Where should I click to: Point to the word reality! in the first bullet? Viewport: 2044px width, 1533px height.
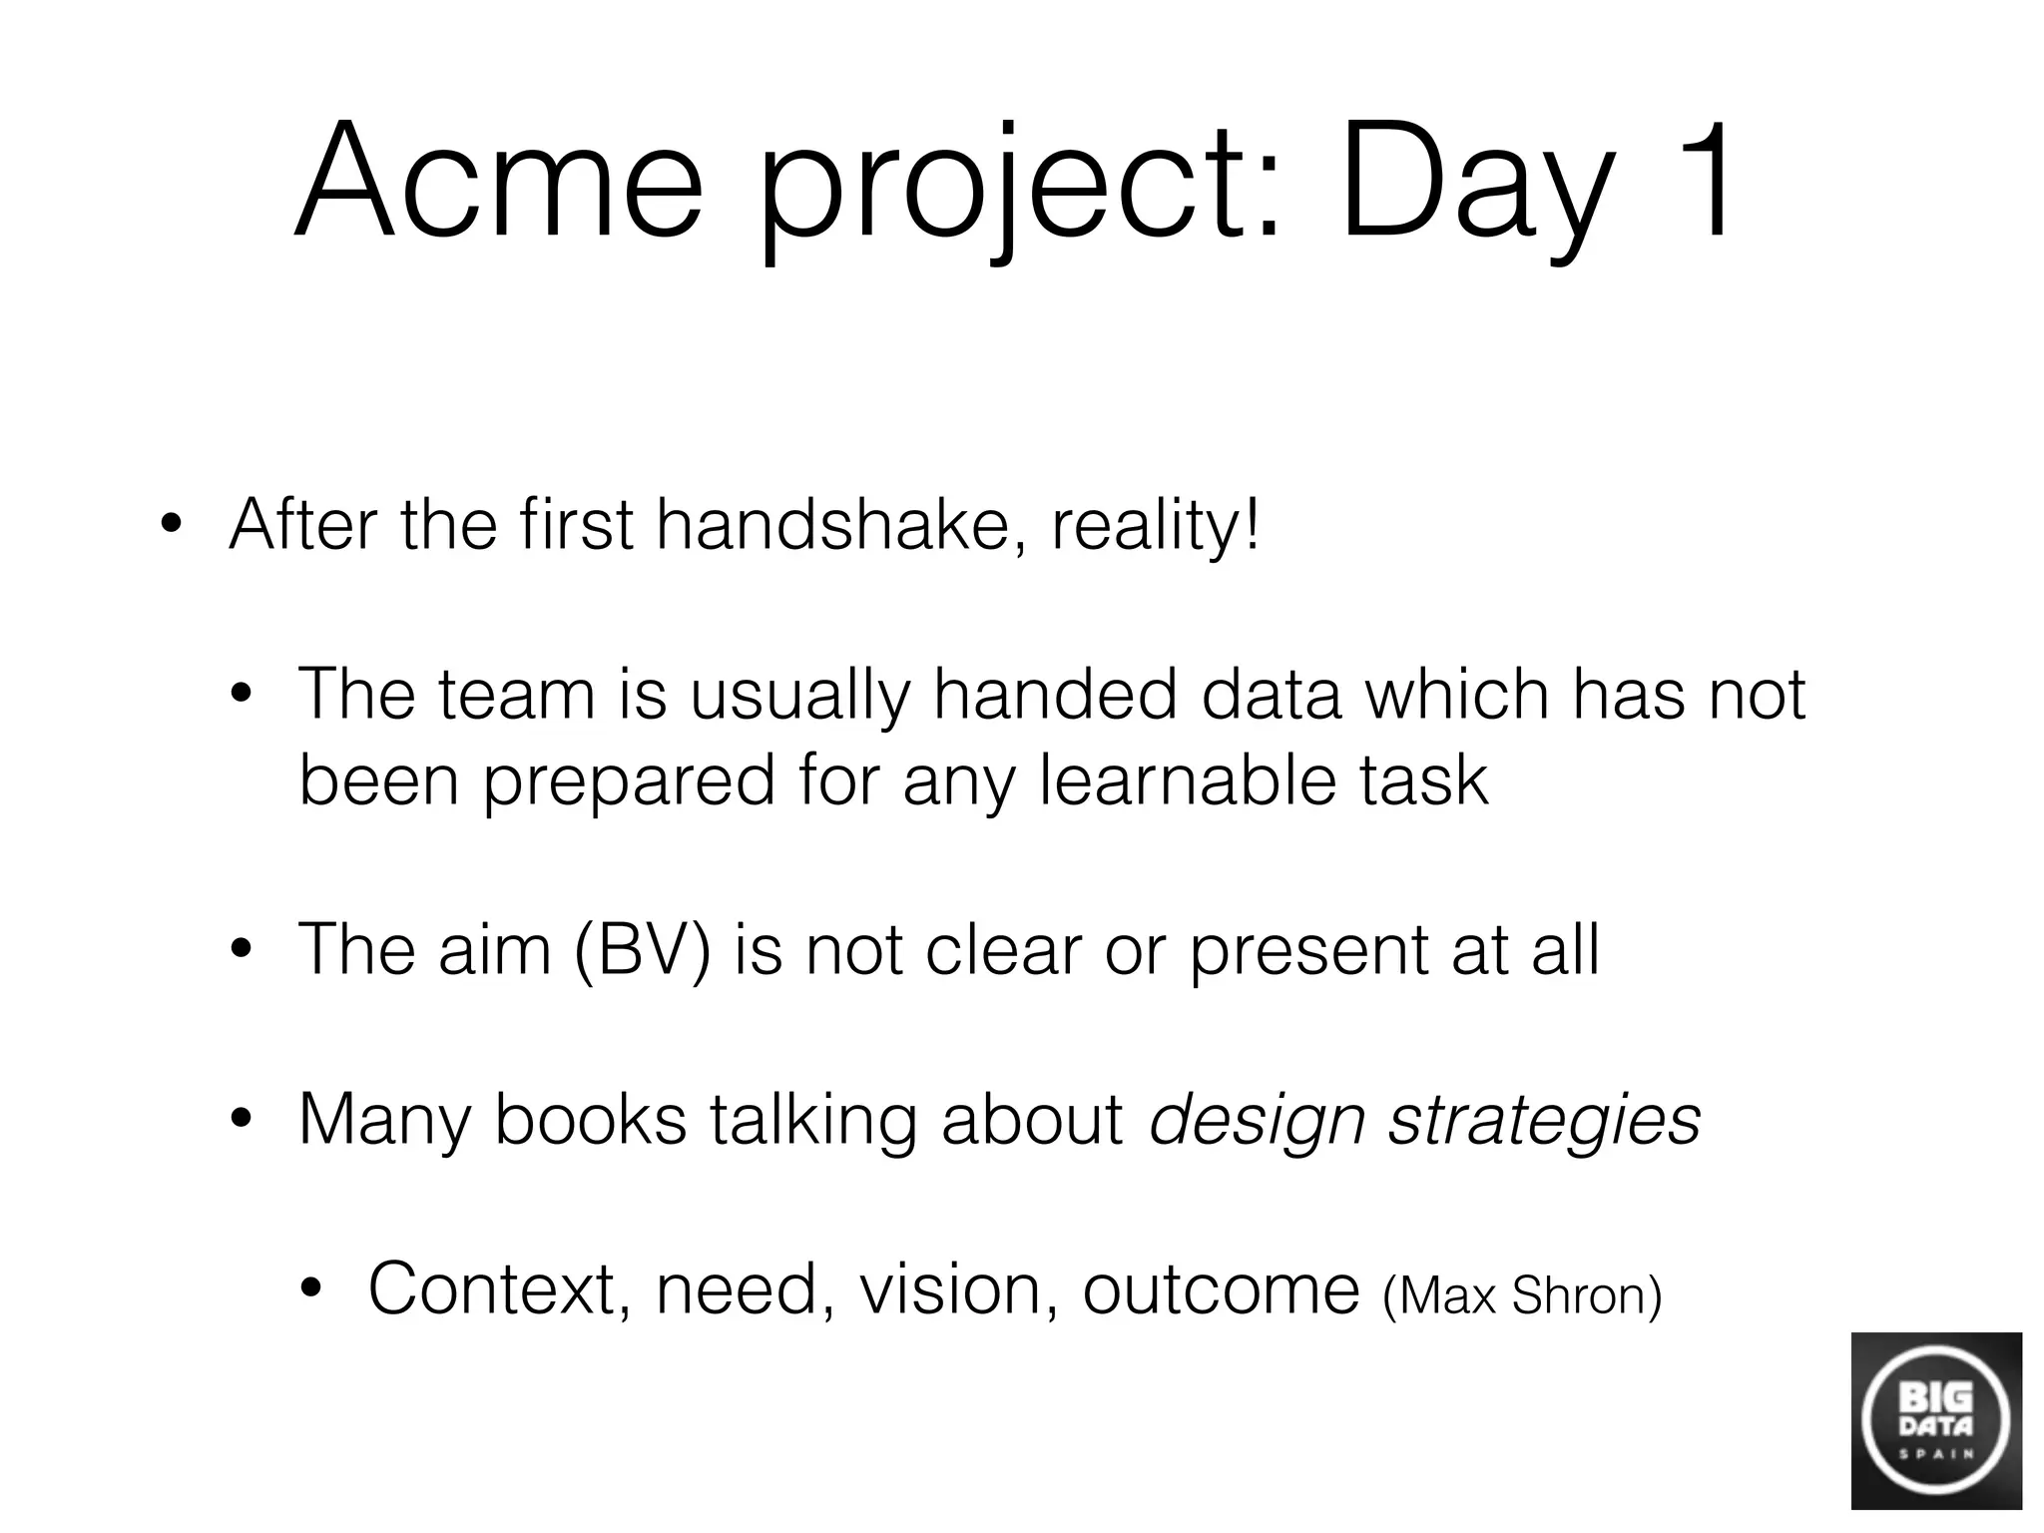(1156, 527)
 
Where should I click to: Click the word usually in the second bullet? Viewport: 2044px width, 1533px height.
(799, 696)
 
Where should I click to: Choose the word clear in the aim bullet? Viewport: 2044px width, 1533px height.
(1002, 950)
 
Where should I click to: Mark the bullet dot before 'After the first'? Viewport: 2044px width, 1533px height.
(171, 527)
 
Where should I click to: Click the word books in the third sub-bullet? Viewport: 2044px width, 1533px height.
(590, 1120)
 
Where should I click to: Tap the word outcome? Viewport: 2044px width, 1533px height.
(1221, 1289)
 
